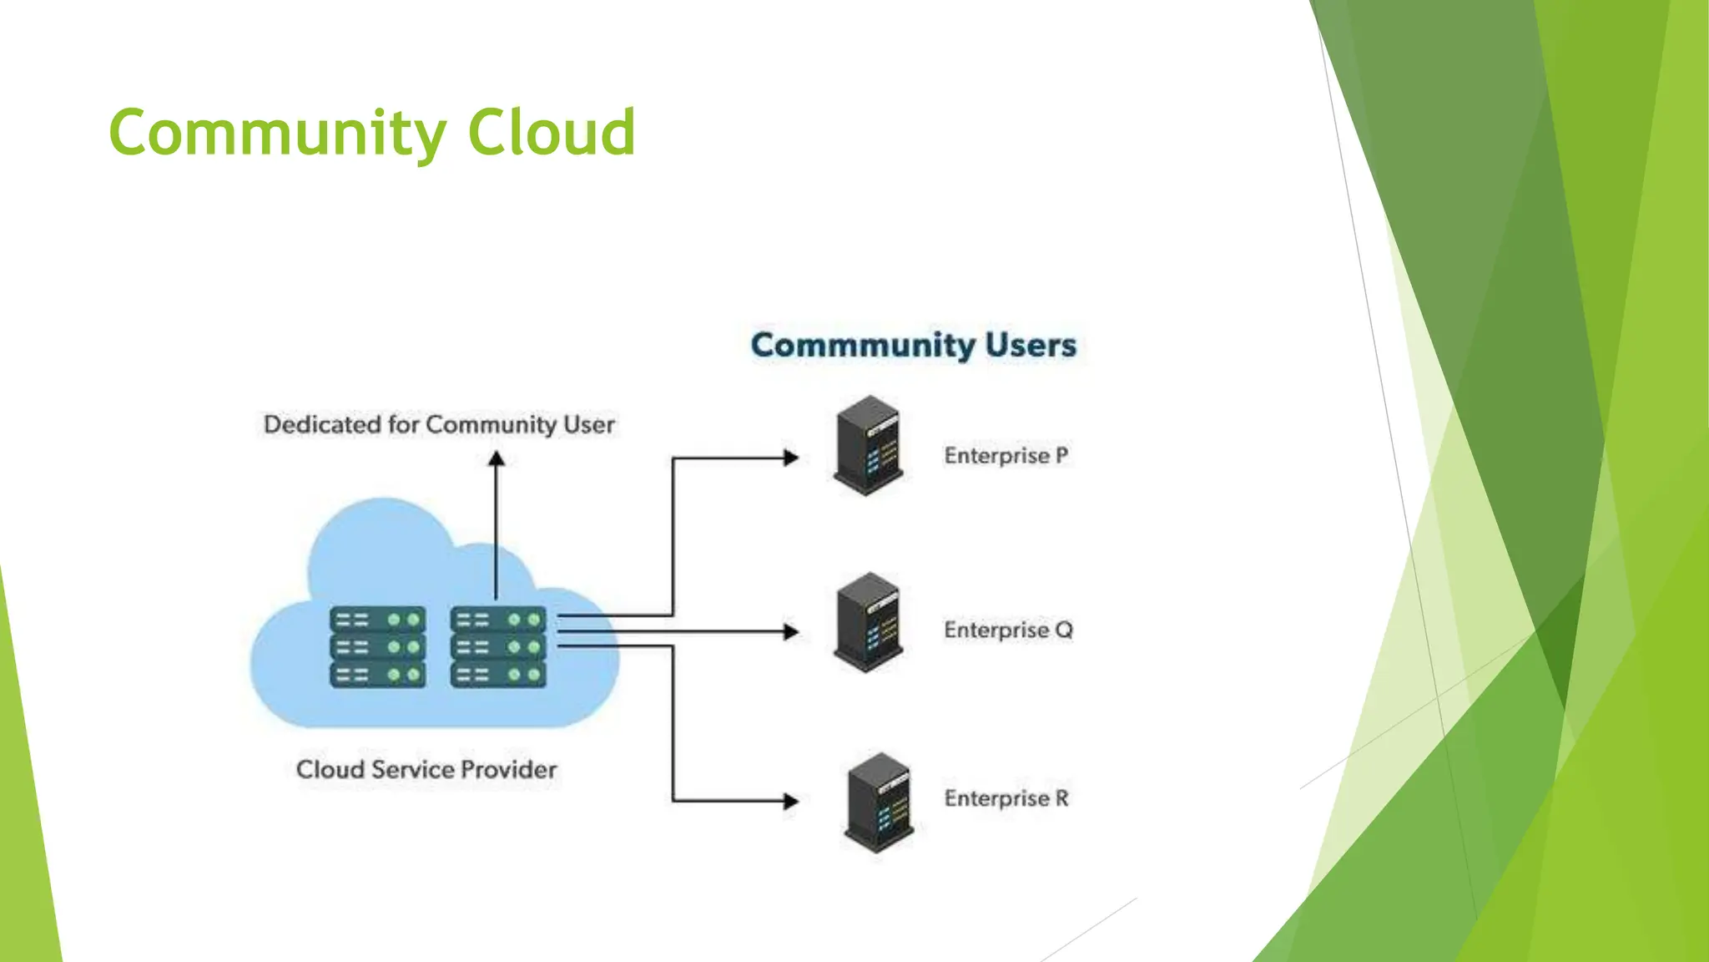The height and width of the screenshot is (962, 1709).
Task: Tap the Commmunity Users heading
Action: [x=913, y=345]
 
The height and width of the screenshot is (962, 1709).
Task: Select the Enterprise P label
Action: [x=1006, y=456]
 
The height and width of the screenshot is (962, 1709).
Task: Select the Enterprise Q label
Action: [x=1007, y=630]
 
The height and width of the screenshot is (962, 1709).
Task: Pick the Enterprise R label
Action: [x=1006, y=798]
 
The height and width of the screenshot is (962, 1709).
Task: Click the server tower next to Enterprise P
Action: [x=869, y=446]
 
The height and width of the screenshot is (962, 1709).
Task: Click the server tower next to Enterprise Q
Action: [x=869, y=622]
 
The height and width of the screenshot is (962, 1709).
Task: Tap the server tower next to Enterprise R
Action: [x=880, y=803]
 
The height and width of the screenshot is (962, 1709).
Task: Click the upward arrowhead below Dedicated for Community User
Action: [x=497, y=458]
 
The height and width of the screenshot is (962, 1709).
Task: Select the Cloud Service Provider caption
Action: [x=426, y=769]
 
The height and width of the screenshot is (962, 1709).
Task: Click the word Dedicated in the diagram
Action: [x=322, y=424]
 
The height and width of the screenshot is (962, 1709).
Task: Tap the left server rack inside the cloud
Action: [x=378, y=647]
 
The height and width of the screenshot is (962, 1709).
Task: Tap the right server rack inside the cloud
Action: [x=498, y=647]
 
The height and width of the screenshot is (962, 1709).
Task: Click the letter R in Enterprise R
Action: [x=1061, y=798]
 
